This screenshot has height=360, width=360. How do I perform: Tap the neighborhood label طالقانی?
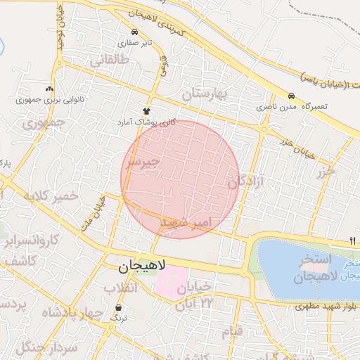tap(108, 61)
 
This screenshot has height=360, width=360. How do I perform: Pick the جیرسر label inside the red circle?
tap(143, 162)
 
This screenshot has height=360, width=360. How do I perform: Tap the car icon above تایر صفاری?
tap(134, 32)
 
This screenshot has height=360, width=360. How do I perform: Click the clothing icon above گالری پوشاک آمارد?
tap(147, 111)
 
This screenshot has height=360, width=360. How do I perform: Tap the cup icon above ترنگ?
tap(118, 308)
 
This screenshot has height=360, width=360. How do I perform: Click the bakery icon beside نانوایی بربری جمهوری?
tap(49, 89)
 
